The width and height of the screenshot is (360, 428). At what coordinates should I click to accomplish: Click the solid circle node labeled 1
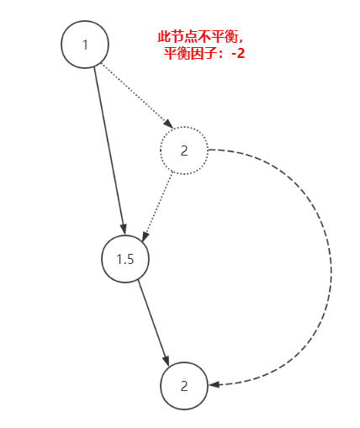[86, 45]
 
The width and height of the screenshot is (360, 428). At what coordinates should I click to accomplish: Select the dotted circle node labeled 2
[184, 151]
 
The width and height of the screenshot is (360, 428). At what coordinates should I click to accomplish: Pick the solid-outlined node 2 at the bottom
[184, 386]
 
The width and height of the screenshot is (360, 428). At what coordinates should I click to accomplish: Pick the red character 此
[165, 38]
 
